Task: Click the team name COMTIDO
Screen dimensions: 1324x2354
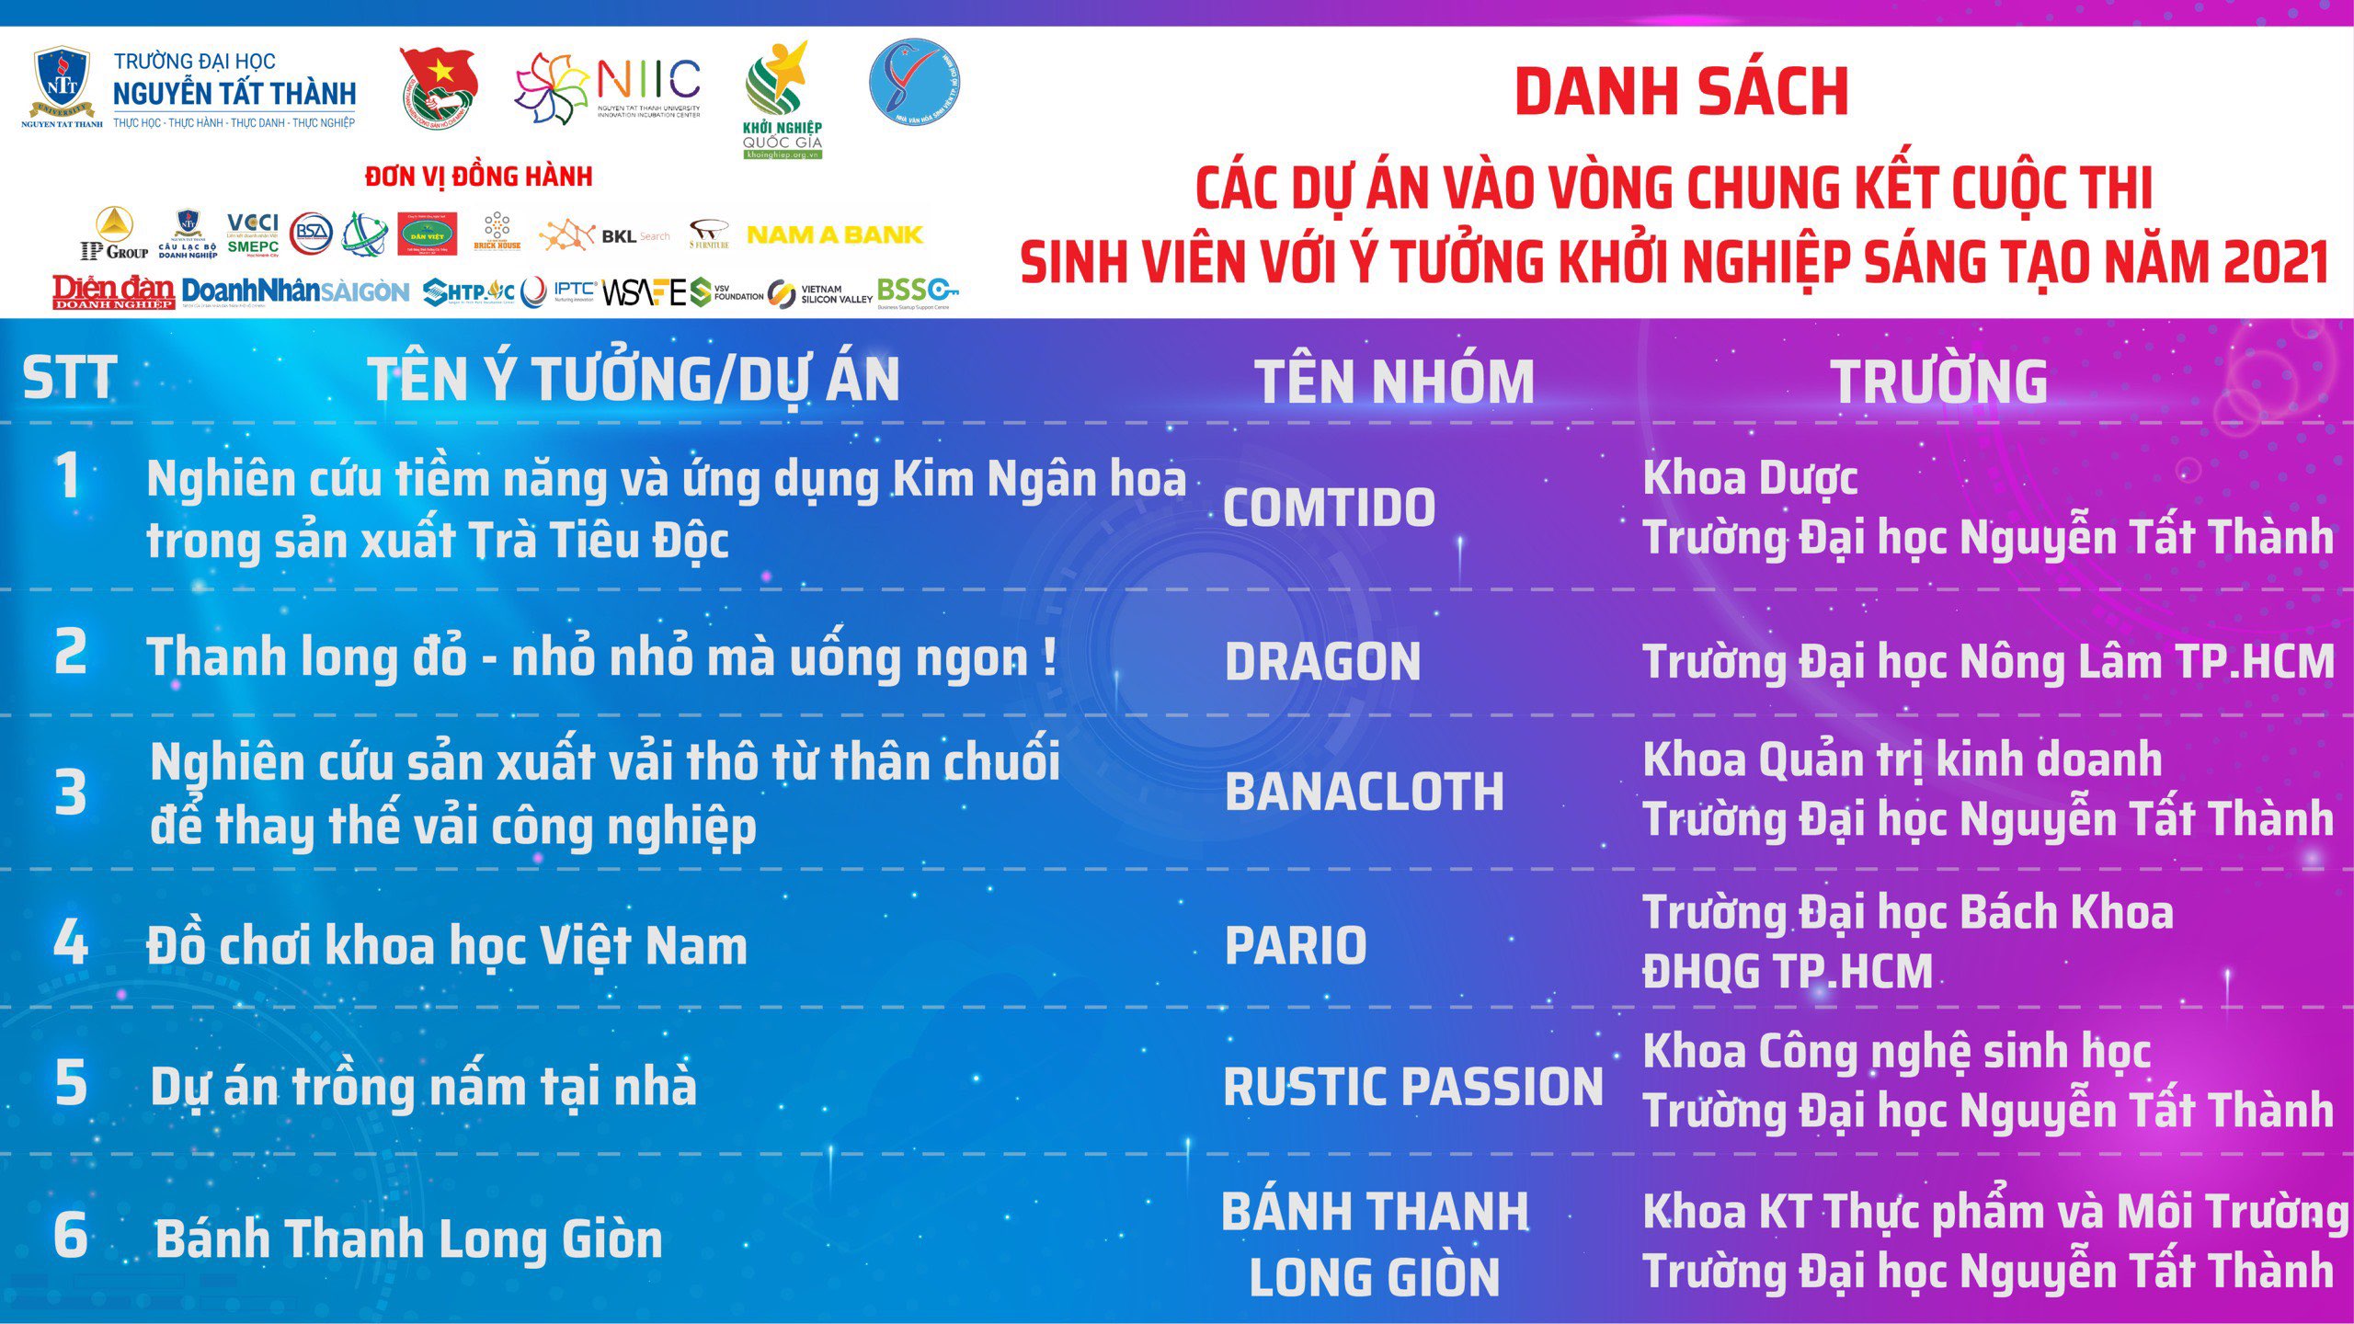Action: [x=1329, y=508]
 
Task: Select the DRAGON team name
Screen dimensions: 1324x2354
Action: [x=1322, y=662]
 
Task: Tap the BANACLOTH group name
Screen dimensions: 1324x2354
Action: [x=1364, y=792]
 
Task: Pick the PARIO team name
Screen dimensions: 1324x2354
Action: [x=1296, y=946]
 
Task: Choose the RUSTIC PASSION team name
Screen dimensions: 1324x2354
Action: [x=1412, y=1087]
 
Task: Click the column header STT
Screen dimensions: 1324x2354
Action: [x=70, y=379]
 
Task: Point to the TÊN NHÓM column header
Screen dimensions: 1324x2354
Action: [x=1395, y=382]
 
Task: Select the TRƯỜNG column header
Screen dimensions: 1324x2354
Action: [x=1939, y=382]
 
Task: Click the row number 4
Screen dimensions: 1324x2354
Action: [x=70, y=943]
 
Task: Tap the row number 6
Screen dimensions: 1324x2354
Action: [x=71, y=1235]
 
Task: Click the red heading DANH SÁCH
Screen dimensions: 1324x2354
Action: [x=1681, y=92]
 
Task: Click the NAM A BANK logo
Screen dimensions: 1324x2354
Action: [x=834, y=235]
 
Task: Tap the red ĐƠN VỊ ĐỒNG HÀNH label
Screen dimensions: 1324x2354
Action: [x=478, y=177]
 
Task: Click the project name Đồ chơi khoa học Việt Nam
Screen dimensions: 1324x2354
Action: [x=447, y=946]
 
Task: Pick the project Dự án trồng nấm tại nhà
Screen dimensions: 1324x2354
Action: [x=423, y=1087]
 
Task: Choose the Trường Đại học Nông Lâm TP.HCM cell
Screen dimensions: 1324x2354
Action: [x=1988, y=662]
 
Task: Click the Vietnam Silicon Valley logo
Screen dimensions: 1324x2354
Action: [x=820, y=294]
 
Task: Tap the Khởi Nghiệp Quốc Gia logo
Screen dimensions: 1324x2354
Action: [x=782, y=101]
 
